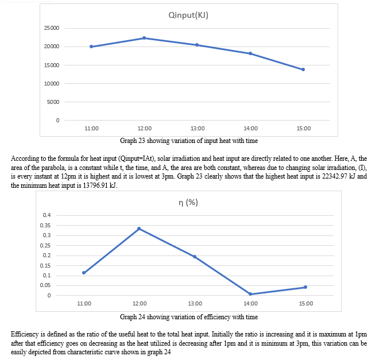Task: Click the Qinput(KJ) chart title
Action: pos(188,16)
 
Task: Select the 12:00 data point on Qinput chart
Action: pos(144,38)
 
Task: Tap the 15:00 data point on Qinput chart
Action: pos(303,69)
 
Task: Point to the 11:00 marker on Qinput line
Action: pos(91,47)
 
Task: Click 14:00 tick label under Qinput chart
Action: pos(250,128)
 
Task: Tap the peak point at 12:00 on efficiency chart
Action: pos(139,229)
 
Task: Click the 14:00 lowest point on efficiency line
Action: pos(250,294)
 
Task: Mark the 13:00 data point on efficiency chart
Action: pos(195,257)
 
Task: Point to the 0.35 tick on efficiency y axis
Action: pos(47,225)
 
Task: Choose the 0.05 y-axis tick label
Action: pos(47,285)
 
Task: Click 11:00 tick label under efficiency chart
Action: pos(84,303)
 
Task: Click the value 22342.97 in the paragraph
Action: pos(331,177)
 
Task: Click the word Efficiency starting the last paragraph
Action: pos(24,334)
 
